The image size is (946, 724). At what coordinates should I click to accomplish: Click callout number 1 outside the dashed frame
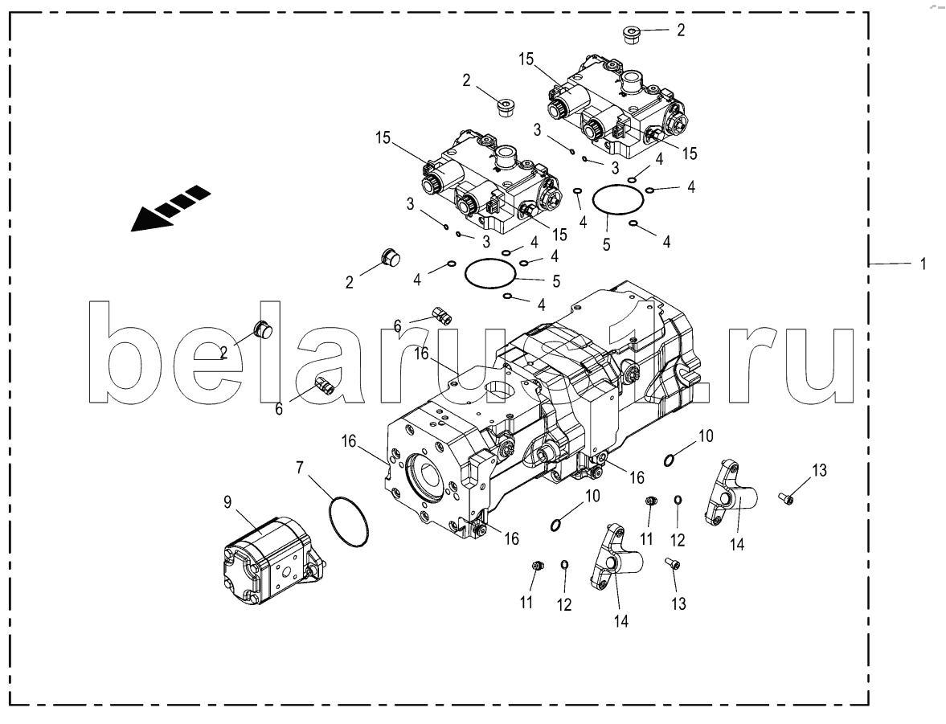click(923, 264)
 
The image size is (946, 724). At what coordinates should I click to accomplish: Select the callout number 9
click(227, 502)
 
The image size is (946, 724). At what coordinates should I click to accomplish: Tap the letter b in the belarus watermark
click(123, 352)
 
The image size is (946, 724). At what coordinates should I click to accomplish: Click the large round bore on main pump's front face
click(430, 476)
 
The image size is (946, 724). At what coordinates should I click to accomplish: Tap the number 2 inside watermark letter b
click(223, 352)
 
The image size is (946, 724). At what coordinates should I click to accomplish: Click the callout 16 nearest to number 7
click(350, 442)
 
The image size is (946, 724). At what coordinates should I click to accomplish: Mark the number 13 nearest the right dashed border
click(818, 470)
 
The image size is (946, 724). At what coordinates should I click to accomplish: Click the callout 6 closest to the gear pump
click(279, 409)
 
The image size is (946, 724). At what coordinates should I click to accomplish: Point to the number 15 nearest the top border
click(526, 59)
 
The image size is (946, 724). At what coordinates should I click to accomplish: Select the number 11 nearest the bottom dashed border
click(526, 602)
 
